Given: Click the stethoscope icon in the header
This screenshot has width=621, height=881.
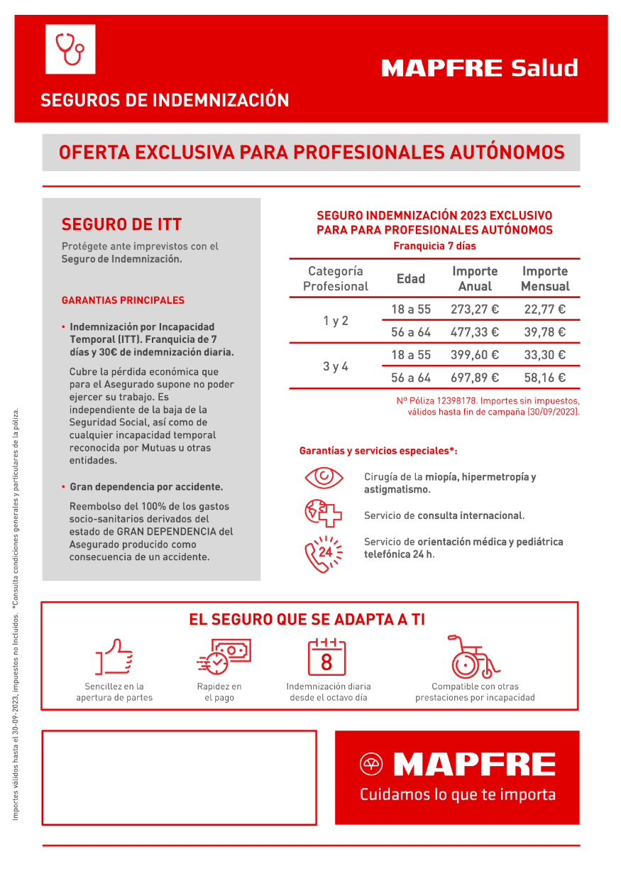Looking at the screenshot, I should click(70, 49).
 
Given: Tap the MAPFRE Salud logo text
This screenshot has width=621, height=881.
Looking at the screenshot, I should click(480, 68).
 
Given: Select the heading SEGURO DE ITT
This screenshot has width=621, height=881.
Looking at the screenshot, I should click(122, 225).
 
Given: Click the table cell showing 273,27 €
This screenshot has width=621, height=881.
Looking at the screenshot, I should click(475, 310).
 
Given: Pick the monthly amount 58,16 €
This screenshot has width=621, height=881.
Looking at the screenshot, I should click(544, 378).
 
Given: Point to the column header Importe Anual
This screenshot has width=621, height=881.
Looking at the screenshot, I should click(475, 279).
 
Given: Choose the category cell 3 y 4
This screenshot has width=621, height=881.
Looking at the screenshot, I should click(336, 366).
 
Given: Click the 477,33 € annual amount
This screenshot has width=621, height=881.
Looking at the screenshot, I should click(475, 332).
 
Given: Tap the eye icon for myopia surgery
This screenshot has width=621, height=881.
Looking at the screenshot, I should click(324, 476).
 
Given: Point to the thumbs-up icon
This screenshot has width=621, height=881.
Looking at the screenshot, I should click(114, 657).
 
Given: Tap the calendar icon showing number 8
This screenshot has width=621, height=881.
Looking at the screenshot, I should click(326, 657).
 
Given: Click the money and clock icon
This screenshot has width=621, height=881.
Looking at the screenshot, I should click(223, 657).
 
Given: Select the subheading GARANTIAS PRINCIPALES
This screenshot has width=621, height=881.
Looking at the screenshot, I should click(123, 300).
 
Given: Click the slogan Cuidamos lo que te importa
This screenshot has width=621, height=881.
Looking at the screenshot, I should click(457, 794).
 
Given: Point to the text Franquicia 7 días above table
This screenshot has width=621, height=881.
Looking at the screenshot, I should click(434, 246).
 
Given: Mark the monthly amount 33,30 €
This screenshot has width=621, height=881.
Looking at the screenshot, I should click(544, 355).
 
